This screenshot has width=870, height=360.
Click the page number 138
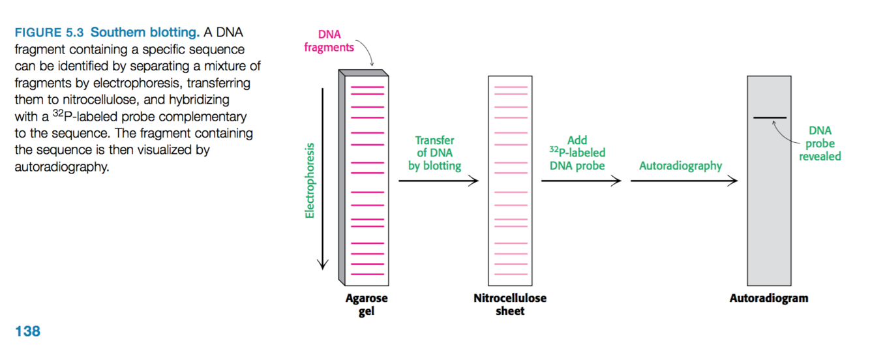click(x=27, y=331)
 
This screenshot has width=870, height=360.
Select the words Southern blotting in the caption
click(x=145, y=33)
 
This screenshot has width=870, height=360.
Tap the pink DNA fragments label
click(x=329, y=40)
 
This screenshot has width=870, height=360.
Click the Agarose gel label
click(x=366, y=305)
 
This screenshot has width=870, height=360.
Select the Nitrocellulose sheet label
click(x=509, y=305)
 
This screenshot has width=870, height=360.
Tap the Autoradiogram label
click(x=768, y=299)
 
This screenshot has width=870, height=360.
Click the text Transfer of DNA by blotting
click(x=434, y=153)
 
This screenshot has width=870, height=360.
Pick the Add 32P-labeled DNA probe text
click(x=577, y=153)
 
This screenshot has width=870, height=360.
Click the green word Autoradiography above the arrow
click(x=680, y=166)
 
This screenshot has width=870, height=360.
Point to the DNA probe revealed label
click(x=820, y=143)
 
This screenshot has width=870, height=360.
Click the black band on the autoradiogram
click(x=770, y=118)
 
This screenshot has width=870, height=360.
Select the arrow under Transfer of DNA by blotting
click(x=438, y=181)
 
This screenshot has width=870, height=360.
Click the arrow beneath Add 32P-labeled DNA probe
click(x=580, y=181)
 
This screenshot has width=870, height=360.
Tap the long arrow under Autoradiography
click(x=683, y=181)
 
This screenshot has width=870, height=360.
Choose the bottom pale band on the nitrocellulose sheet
click(x=510, y=273)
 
